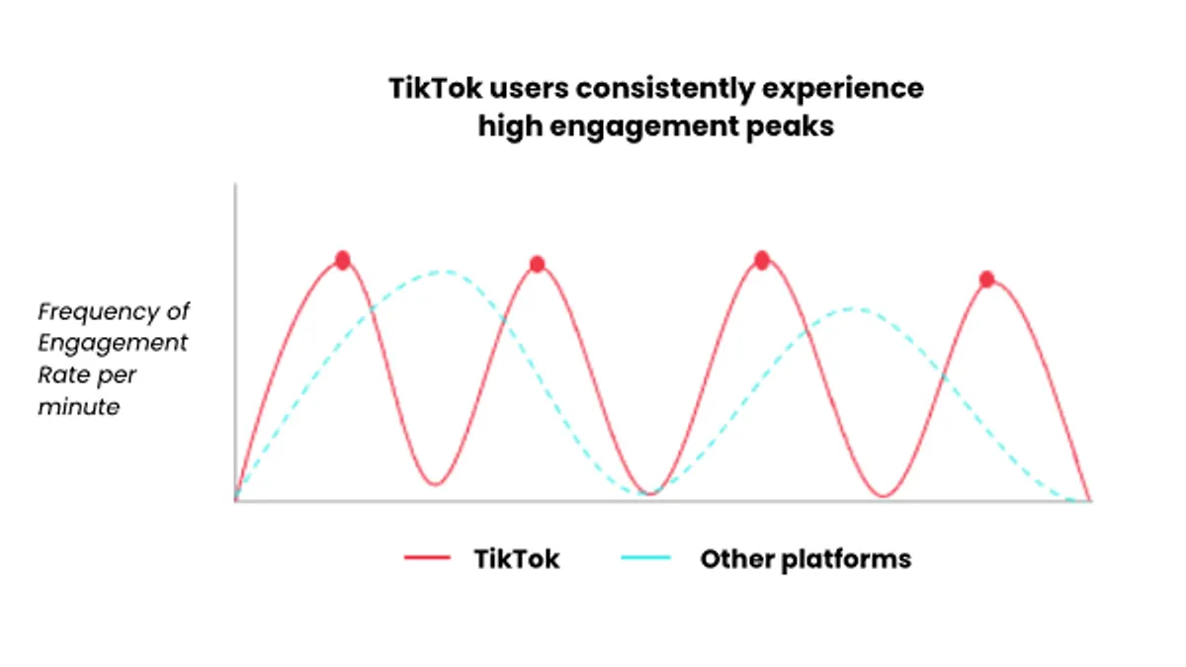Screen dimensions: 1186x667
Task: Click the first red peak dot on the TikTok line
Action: (343, 260)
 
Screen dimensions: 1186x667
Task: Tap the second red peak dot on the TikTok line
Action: (537, 264)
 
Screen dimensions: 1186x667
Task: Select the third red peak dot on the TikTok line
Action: (762, 260)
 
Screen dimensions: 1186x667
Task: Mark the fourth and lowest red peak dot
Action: (986, 279)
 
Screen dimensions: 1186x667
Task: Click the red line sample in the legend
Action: (427, 557)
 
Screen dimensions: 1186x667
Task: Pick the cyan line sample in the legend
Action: (646, 557)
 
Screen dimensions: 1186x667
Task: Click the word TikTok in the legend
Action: (516, 559)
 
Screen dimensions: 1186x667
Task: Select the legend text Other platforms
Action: (805, 560)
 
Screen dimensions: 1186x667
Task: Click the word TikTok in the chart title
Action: (435, 88)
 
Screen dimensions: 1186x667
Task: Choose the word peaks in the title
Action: (790, 127)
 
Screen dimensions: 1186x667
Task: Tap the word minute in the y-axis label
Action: (79, 407)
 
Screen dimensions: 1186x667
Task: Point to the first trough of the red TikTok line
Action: (435, 484)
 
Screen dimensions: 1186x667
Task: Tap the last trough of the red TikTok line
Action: (884, 496)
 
